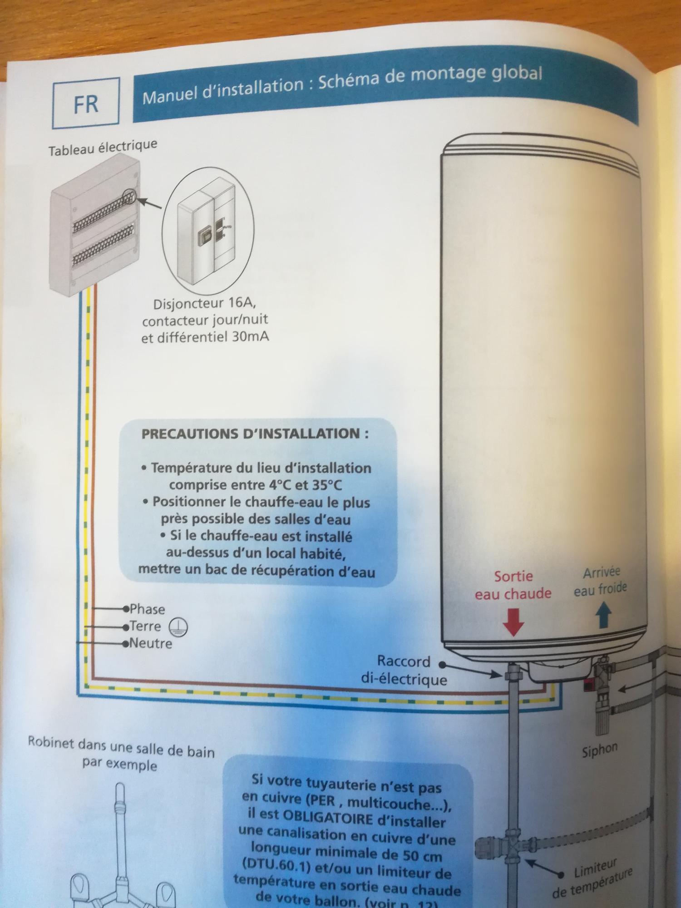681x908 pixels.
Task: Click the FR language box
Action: coord(86,103)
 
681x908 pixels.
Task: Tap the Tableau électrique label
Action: coord(103,148)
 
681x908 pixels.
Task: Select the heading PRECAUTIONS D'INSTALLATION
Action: coord(255,433)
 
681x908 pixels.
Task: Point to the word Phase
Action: coord(147,609)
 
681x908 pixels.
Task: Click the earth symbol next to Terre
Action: coord(178,627)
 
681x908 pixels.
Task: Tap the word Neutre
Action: coord(151,643)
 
